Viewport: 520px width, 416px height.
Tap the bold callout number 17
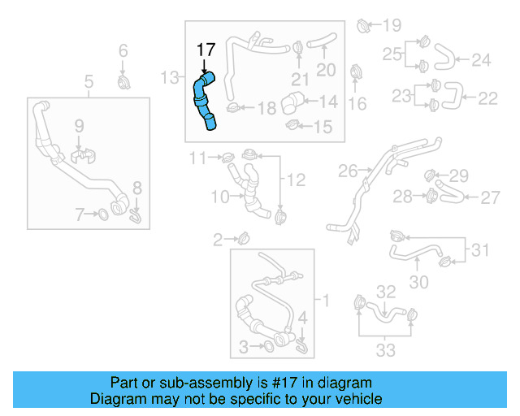tap(206, 50)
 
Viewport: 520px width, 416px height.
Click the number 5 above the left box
tap(89, 81)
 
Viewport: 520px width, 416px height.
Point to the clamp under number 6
tap(123, 83)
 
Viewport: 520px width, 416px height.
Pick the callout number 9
tap(79, 126)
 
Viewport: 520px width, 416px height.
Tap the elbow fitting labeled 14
tap(292, 105)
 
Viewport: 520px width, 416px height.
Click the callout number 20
tap(326, 70)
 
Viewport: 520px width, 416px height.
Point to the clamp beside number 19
tap(364, 28)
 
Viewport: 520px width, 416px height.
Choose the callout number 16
tap(357, 103)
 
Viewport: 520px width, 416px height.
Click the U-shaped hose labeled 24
tap(444, 58)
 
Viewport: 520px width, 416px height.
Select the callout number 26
tap(347, 171)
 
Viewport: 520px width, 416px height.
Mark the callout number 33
tap(386, 350)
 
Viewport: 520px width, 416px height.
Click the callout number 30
tap(418, 282)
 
